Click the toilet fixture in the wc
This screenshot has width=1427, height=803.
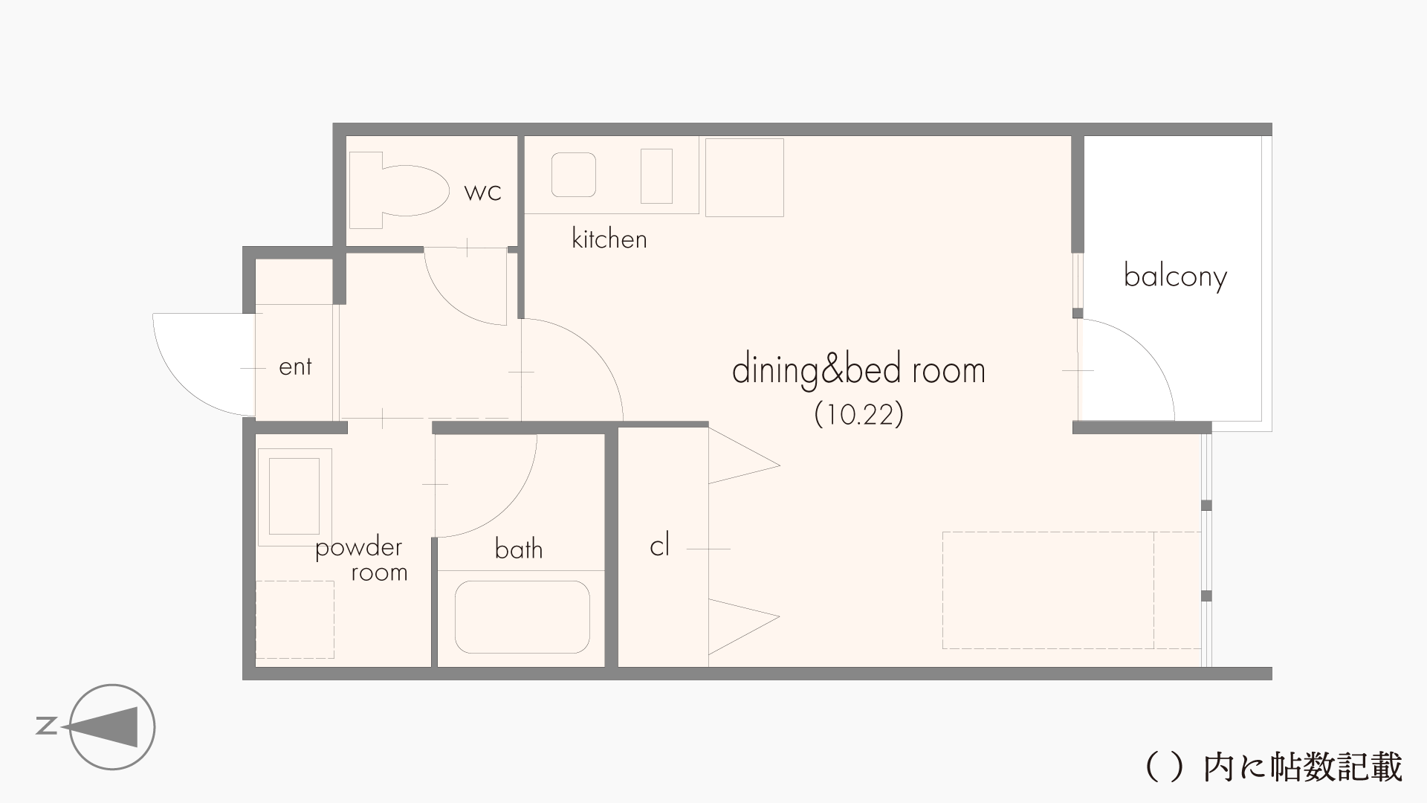pyautogui.click(x=399, y=190)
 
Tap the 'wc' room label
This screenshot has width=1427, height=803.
pyautogui.click(x=483, y=192)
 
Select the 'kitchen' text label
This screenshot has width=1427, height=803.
pyautogui.click(x=609, y=239)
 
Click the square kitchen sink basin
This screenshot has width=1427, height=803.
pyautogui.click(x=573, y=175)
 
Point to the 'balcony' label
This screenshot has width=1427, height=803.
pyautogui.click(x=1175, y=277)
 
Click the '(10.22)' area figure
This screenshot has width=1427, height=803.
pyautogui.click(x=859, y=414)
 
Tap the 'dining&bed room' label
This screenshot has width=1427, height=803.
pyautogui.click(x=858, y=370)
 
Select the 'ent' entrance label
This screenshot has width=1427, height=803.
pyautogui.click(x=295, y=367)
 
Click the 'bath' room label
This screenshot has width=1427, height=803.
pyautogui.click(x=519, y=549)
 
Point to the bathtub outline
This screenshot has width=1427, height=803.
pyautogui.click(x=522, y=617)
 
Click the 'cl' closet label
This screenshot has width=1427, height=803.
pyautogui.click(x=659, y=546)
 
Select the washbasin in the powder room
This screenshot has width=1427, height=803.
pyautogui.click(x=294, y=497)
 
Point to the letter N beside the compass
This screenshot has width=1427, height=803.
pyautogui.click(x=47, y=726)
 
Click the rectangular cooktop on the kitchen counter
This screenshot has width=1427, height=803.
pyautogui.click(x=656, y=176)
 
